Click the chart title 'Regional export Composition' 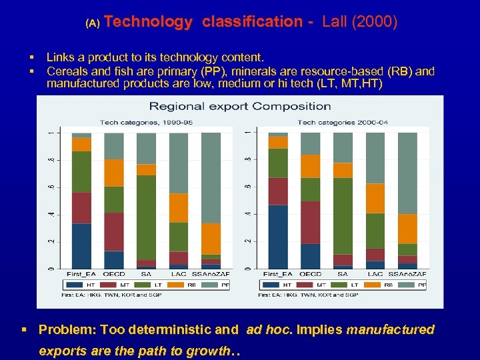pos(240,106)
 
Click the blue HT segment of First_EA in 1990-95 pos(81,246)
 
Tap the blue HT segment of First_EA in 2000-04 pos(278,237)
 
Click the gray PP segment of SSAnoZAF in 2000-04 pos(408,173)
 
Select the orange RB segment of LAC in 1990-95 pos(178,208)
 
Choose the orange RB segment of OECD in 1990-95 pos(113,173)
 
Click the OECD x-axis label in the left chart pos(114,274)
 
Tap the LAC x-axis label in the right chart pos(375,274)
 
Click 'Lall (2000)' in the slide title pos(359,22)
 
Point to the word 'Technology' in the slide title pos(148,22)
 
